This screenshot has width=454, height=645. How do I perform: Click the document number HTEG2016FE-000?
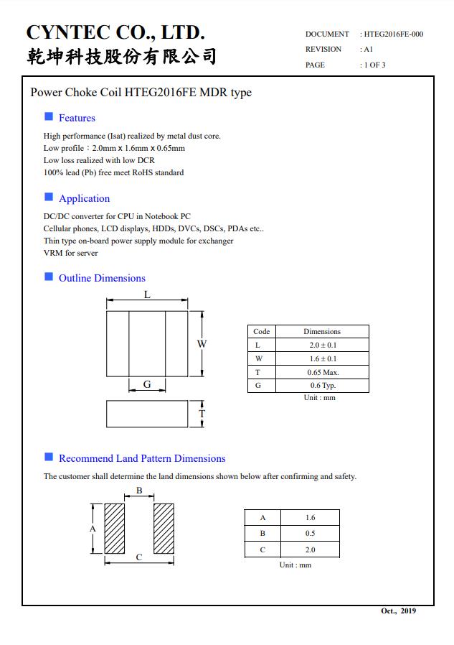click(x=393, y=34)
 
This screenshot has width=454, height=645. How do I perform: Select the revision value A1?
click(x=367, y=50)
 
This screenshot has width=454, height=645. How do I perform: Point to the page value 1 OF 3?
click(x=374, y=65)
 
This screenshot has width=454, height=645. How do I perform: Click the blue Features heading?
click(x=77, y=118)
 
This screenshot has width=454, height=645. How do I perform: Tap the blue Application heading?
click(x=84, y=198)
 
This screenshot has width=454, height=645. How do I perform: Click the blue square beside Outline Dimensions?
click(x=49, y=277)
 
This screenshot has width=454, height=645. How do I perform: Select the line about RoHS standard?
click(x=113, y=172)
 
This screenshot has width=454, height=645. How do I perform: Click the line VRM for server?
click(x=70, y=253)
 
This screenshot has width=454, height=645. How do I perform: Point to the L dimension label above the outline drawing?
click(x=147, y=295)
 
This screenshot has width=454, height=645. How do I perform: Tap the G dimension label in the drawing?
click(x=147, y=384)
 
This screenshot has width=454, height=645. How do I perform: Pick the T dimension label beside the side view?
click(x=202, y=414)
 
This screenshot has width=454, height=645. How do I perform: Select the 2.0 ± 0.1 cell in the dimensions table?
click(x=322, y=345)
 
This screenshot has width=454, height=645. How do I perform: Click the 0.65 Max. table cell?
click(x=322, y=372)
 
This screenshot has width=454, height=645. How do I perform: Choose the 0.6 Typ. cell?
click(x=322, y=386)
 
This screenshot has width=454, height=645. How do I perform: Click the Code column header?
click(x=262, y=331)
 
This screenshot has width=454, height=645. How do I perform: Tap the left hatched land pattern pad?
click(x=115, y=528)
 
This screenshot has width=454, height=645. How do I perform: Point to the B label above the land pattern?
click(x=140, y=491)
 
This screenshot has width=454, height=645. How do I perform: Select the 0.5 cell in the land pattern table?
click(x=310, y=534)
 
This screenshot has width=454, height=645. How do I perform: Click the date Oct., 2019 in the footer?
click(x=397, y=611)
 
